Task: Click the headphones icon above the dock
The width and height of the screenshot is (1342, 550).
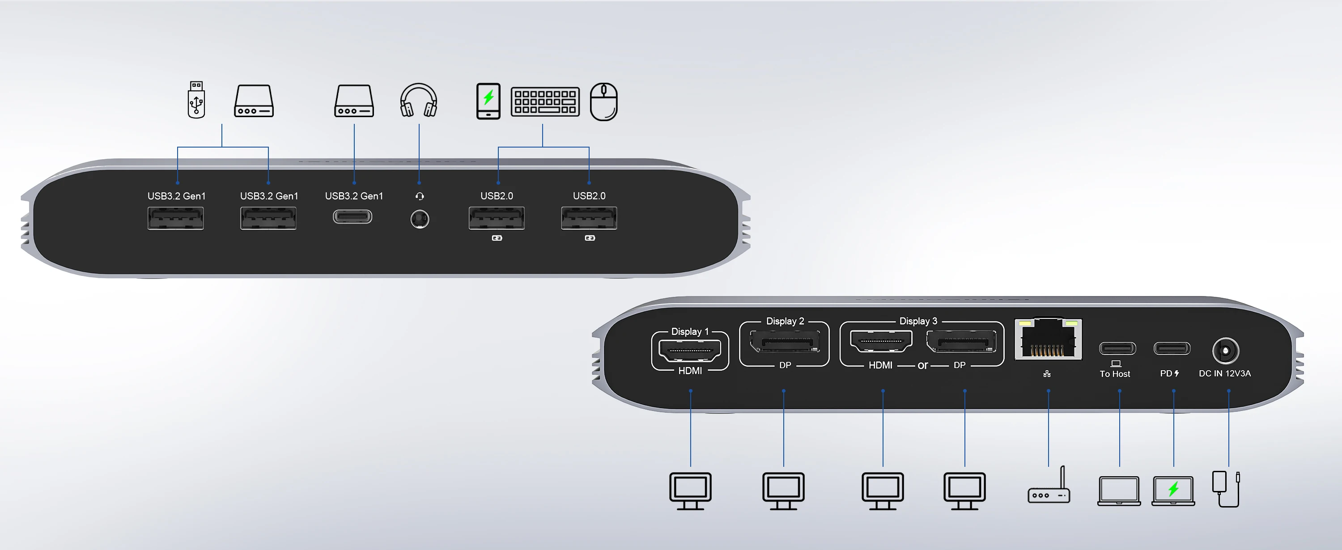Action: tap(418, 100)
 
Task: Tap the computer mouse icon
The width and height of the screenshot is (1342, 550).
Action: tap(604, 102)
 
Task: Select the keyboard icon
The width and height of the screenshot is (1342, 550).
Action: tap(545, 101)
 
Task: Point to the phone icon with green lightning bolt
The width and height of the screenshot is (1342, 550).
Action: tap(488, 101)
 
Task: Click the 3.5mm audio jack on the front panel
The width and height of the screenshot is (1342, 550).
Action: tap(420, 219)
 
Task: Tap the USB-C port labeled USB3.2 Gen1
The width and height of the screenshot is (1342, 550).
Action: tap(352, 216)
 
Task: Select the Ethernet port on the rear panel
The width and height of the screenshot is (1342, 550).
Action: tap(1048, 339)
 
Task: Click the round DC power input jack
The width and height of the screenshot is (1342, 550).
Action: tap(1225, 351)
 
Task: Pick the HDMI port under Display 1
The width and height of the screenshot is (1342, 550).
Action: tap(690, 350)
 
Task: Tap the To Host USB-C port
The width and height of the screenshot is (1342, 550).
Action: tap(1117, 348)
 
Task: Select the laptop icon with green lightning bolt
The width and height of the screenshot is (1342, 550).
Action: tap(1173, 491)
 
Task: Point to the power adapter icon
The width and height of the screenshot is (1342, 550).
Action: tap(1226, 489)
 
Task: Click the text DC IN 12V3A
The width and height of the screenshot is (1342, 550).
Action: tap(1225, 373)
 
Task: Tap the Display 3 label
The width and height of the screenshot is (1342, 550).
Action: tap(918, 322)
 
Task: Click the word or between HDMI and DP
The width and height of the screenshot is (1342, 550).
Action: tap(922, 366)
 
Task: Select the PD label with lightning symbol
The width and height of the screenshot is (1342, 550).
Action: tap(1170, 373)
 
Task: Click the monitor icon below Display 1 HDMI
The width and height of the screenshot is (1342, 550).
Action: tap(690, 491)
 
